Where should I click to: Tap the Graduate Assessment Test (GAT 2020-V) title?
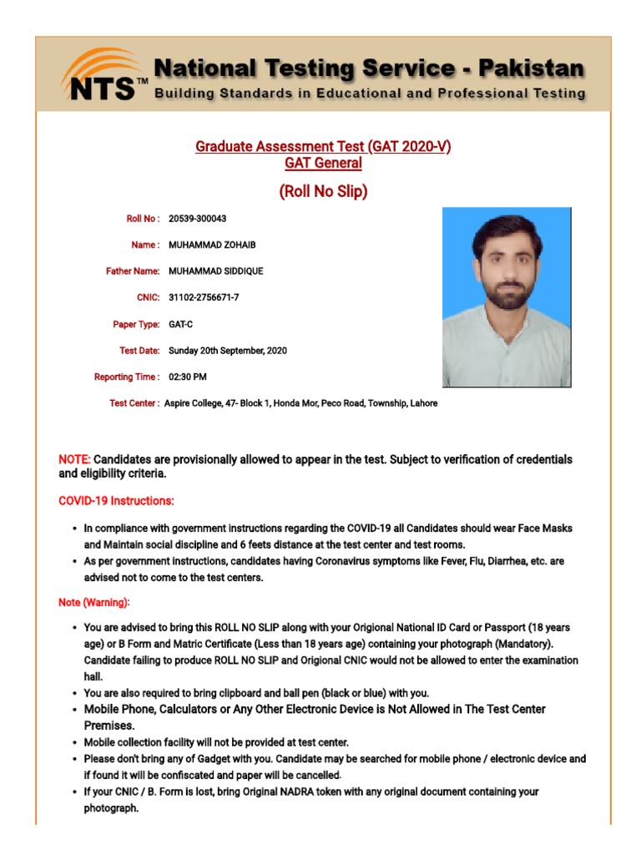[x=323, y=147]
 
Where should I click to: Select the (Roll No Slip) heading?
[x=323, y=192]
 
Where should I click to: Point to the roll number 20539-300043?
[x=198, y=219]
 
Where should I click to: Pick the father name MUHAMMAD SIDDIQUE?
[x=215, y=271]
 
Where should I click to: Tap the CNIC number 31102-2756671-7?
[x=204, y=298]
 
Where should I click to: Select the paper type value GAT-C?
[x=181, y=324]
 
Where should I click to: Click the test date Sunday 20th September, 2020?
[x=228, y=351]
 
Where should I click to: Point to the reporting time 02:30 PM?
[x=188, y=377]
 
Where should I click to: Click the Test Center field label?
[x=134, y=403]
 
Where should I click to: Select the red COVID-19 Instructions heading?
[x=116, y=501]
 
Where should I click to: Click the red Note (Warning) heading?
[x=93, y=602]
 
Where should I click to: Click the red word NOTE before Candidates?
[x=74, y=460]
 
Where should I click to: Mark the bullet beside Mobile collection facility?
[x=75, y=742]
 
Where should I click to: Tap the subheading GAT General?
[x=323, y=164]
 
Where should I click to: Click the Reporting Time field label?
[x=127, y=377]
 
